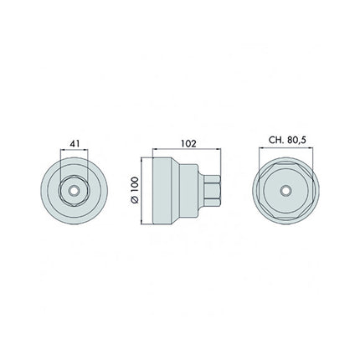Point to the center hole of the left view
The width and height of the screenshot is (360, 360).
coord(76,191)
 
